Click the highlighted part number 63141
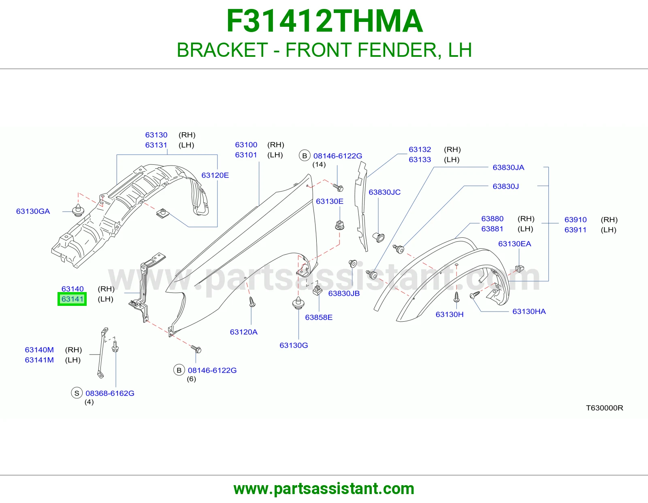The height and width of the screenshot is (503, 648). tap(72, 299)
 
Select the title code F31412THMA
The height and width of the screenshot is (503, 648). tap(324, 21)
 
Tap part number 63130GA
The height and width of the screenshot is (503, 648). tap(33, 211)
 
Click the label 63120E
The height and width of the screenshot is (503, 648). tap(215, 175)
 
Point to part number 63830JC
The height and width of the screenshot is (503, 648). tap(384, 192)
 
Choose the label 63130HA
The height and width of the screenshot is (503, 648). tap(529, 311)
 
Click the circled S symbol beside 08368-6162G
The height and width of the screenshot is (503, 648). tap(77, 393)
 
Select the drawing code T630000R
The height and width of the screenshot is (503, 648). tap(604, 408)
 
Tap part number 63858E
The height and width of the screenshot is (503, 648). tap(318, 317)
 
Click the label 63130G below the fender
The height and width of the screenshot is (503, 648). tap(294, 345)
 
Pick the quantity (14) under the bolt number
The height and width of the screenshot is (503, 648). tap(319, 165)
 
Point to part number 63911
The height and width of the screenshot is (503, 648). tap(576, 230)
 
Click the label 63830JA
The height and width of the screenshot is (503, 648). tap(508, 167)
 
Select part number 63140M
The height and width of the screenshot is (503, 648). tap(39, 350)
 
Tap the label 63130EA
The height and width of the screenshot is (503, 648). tap(515, 244)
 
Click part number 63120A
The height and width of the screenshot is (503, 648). tap(244, 332)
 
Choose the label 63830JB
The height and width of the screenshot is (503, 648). tap(344, 293)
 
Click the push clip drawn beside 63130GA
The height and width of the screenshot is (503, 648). tap(78, 210)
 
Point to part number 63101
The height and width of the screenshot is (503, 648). tap(246, 155)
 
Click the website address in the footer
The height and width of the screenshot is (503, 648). tap(324, 489)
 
